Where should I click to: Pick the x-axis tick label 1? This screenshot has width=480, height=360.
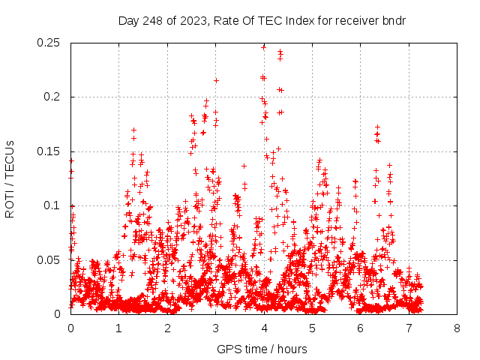118,328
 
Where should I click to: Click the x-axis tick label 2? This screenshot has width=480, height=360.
167,328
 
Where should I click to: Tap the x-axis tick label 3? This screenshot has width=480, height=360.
215,328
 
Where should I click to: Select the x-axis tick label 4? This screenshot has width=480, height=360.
264,328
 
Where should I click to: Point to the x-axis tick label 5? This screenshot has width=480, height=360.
312,328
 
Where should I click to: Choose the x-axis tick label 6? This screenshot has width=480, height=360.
361,328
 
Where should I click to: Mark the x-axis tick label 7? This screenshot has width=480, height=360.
409,328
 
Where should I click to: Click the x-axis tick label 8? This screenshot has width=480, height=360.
457,328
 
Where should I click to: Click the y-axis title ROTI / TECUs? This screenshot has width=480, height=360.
10,178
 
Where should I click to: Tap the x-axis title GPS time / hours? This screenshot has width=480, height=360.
262,349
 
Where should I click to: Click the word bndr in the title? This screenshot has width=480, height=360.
391,20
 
